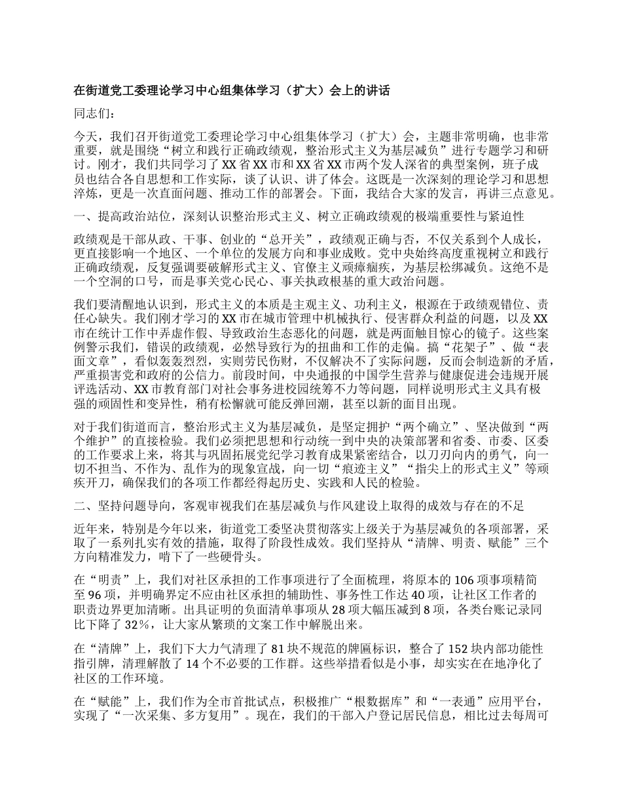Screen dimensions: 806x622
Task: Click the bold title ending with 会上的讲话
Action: click(232, 90)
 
